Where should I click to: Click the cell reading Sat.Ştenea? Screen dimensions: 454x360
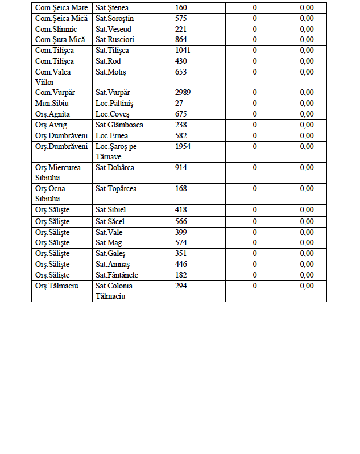tap(112, 7)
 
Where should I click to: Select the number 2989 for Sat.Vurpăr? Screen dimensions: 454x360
tap(183, 92)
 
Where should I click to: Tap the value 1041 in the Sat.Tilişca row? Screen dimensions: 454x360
tap(183, 51)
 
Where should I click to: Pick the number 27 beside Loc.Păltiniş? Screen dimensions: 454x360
tap(179, 103)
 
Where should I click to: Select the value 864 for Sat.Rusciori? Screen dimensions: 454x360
tap(181, 40)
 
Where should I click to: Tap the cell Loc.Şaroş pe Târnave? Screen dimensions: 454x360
tap(117, 151)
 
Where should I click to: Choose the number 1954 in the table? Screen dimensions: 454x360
tap(183, 146)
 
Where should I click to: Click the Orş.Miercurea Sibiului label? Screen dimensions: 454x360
tap(57, 172)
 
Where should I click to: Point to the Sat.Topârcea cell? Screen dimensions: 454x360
tap(116, 188)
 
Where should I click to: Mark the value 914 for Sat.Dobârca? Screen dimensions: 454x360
tap(181, 167)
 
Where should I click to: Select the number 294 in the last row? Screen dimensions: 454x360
tap(181, 286)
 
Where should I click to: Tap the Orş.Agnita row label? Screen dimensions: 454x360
tap(52, 114)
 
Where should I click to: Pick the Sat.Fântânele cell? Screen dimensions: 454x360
tap(117, 275)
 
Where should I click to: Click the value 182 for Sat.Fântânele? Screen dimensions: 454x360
tap(181, 275)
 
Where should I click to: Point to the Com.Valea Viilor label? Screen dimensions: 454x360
tap(53, 77)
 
